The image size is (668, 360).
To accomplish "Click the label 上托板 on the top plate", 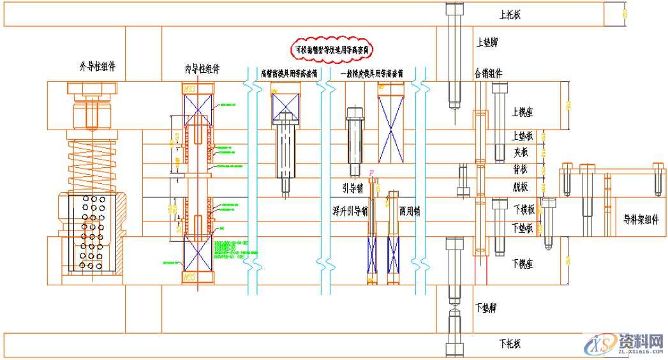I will coord(510,14).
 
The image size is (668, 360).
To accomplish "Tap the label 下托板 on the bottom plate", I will coord(510,344).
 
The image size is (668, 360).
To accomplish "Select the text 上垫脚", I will coord(488,43).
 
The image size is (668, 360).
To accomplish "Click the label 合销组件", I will coord(488,73).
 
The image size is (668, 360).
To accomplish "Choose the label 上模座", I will coord(522,112).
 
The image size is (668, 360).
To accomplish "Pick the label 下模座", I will coord(522,262).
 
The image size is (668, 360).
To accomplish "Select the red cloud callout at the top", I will coord(332,49).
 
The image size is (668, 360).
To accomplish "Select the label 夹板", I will coord(521,153).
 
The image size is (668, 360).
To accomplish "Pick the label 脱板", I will coord(521,187).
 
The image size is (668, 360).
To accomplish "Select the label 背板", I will coord(521,170).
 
